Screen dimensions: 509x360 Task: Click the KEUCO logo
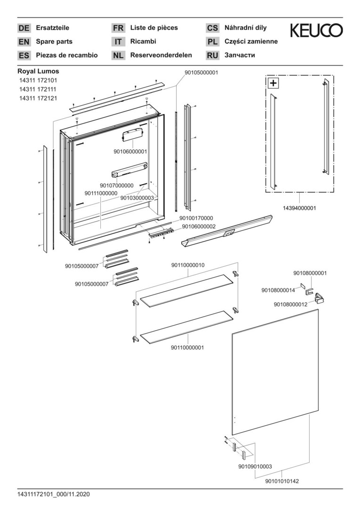pos(316,31)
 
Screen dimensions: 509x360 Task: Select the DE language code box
pos(24,28)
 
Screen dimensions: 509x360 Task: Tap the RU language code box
pos(213,56)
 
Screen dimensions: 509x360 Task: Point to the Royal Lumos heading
pos(38,71)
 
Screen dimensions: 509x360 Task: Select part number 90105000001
pos(201,73)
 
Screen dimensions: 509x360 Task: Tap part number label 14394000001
pos(299,208)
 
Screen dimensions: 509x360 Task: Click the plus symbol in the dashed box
pos(273,83)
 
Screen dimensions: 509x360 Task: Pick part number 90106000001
pos(131,151)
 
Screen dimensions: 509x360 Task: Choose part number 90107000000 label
pos(116,185)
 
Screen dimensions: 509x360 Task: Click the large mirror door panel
pos(276,372)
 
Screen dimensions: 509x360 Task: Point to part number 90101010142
pos(282,481)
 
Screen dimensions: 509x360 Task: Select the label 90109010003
pos(255,467)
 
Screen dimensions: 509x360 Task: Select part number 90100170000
pos(196,218)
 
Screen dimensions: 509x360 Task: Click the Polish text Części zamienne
pos(251,41)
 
